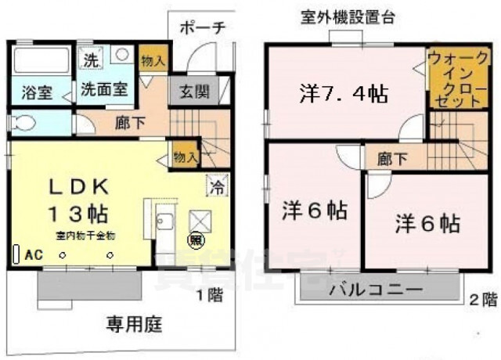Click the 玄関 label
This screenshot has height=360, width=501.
coord(193,91)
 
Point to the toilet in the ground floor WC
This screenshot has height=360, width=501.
coord(25,124)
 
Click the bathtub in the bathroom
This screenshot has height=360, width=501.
coord(41,60)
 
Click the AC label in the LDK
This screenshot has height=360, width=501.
coord(33,254)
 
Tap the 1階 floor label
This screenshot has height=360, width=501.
coord(207,295)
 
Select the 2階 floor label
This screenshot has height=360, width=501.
coord(482,298)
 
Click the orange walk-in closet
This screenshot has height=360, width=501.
coord(446,81)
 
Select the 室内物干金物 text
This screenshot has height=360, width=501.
coord(85,234)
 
